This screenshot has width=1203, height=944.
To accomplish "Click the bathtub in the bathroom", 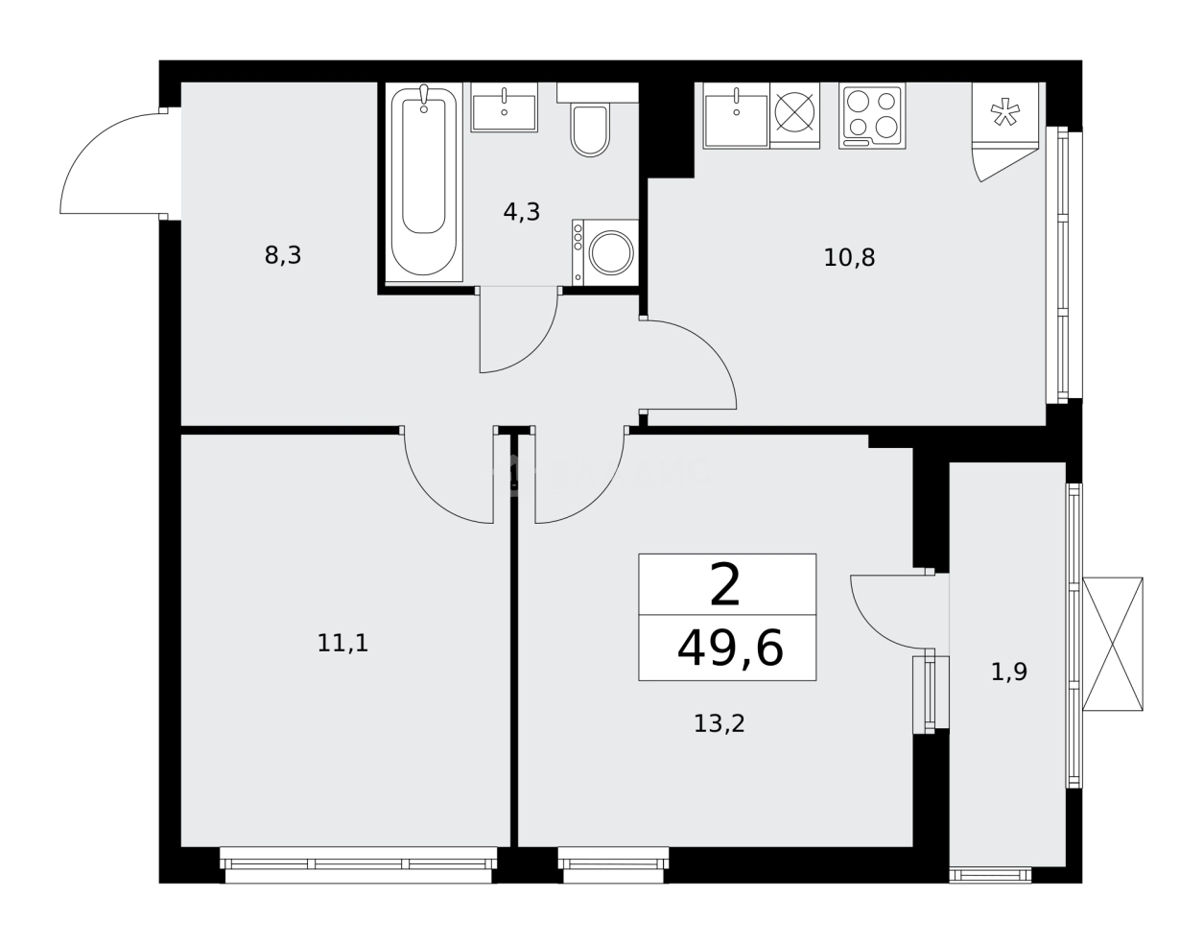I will pos(423,182).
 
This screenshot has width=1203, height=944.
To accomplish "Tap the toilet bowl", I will pos(590,131).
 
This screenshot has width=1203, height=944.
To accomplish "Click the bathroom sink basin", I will pos(504,107).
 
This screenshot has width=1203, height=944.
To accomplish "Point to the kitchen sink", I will pos(736,117).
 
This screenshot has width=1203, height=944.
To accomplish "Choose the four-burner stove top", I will pos(872,115).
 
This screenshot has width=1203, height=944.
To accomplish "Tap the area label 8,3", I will pos(283,256).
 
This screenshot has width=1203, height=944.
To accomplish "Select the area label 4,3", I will pos(522,212).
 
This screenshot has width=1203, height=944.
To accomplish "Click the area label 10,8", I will pos(849,257).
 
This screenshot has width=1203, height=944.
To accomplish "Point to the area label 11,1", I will pos(342,643).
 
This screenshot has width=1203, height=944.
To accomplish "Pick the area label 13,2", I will pos(719,723).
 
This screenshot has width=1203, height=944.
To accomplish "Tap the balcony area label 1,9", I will pos(1008,672).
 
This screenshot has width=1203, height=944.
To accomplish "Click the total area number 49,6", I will pos(729,649).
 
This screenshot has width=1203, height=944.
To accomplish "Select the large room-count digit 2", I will pos(725,585).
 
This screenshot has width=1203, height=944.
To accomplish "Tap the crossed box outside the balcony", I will pos(1113,644).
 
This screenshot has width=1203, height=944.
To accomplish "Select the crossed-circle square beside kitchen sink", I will pos(794,112).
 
